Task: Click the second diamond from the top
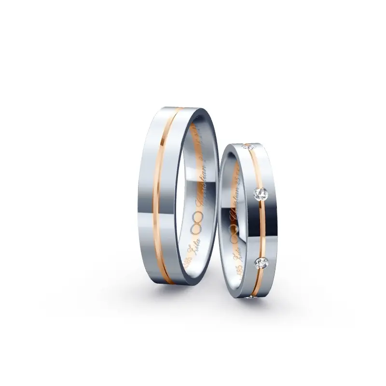tap(261, 193)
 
